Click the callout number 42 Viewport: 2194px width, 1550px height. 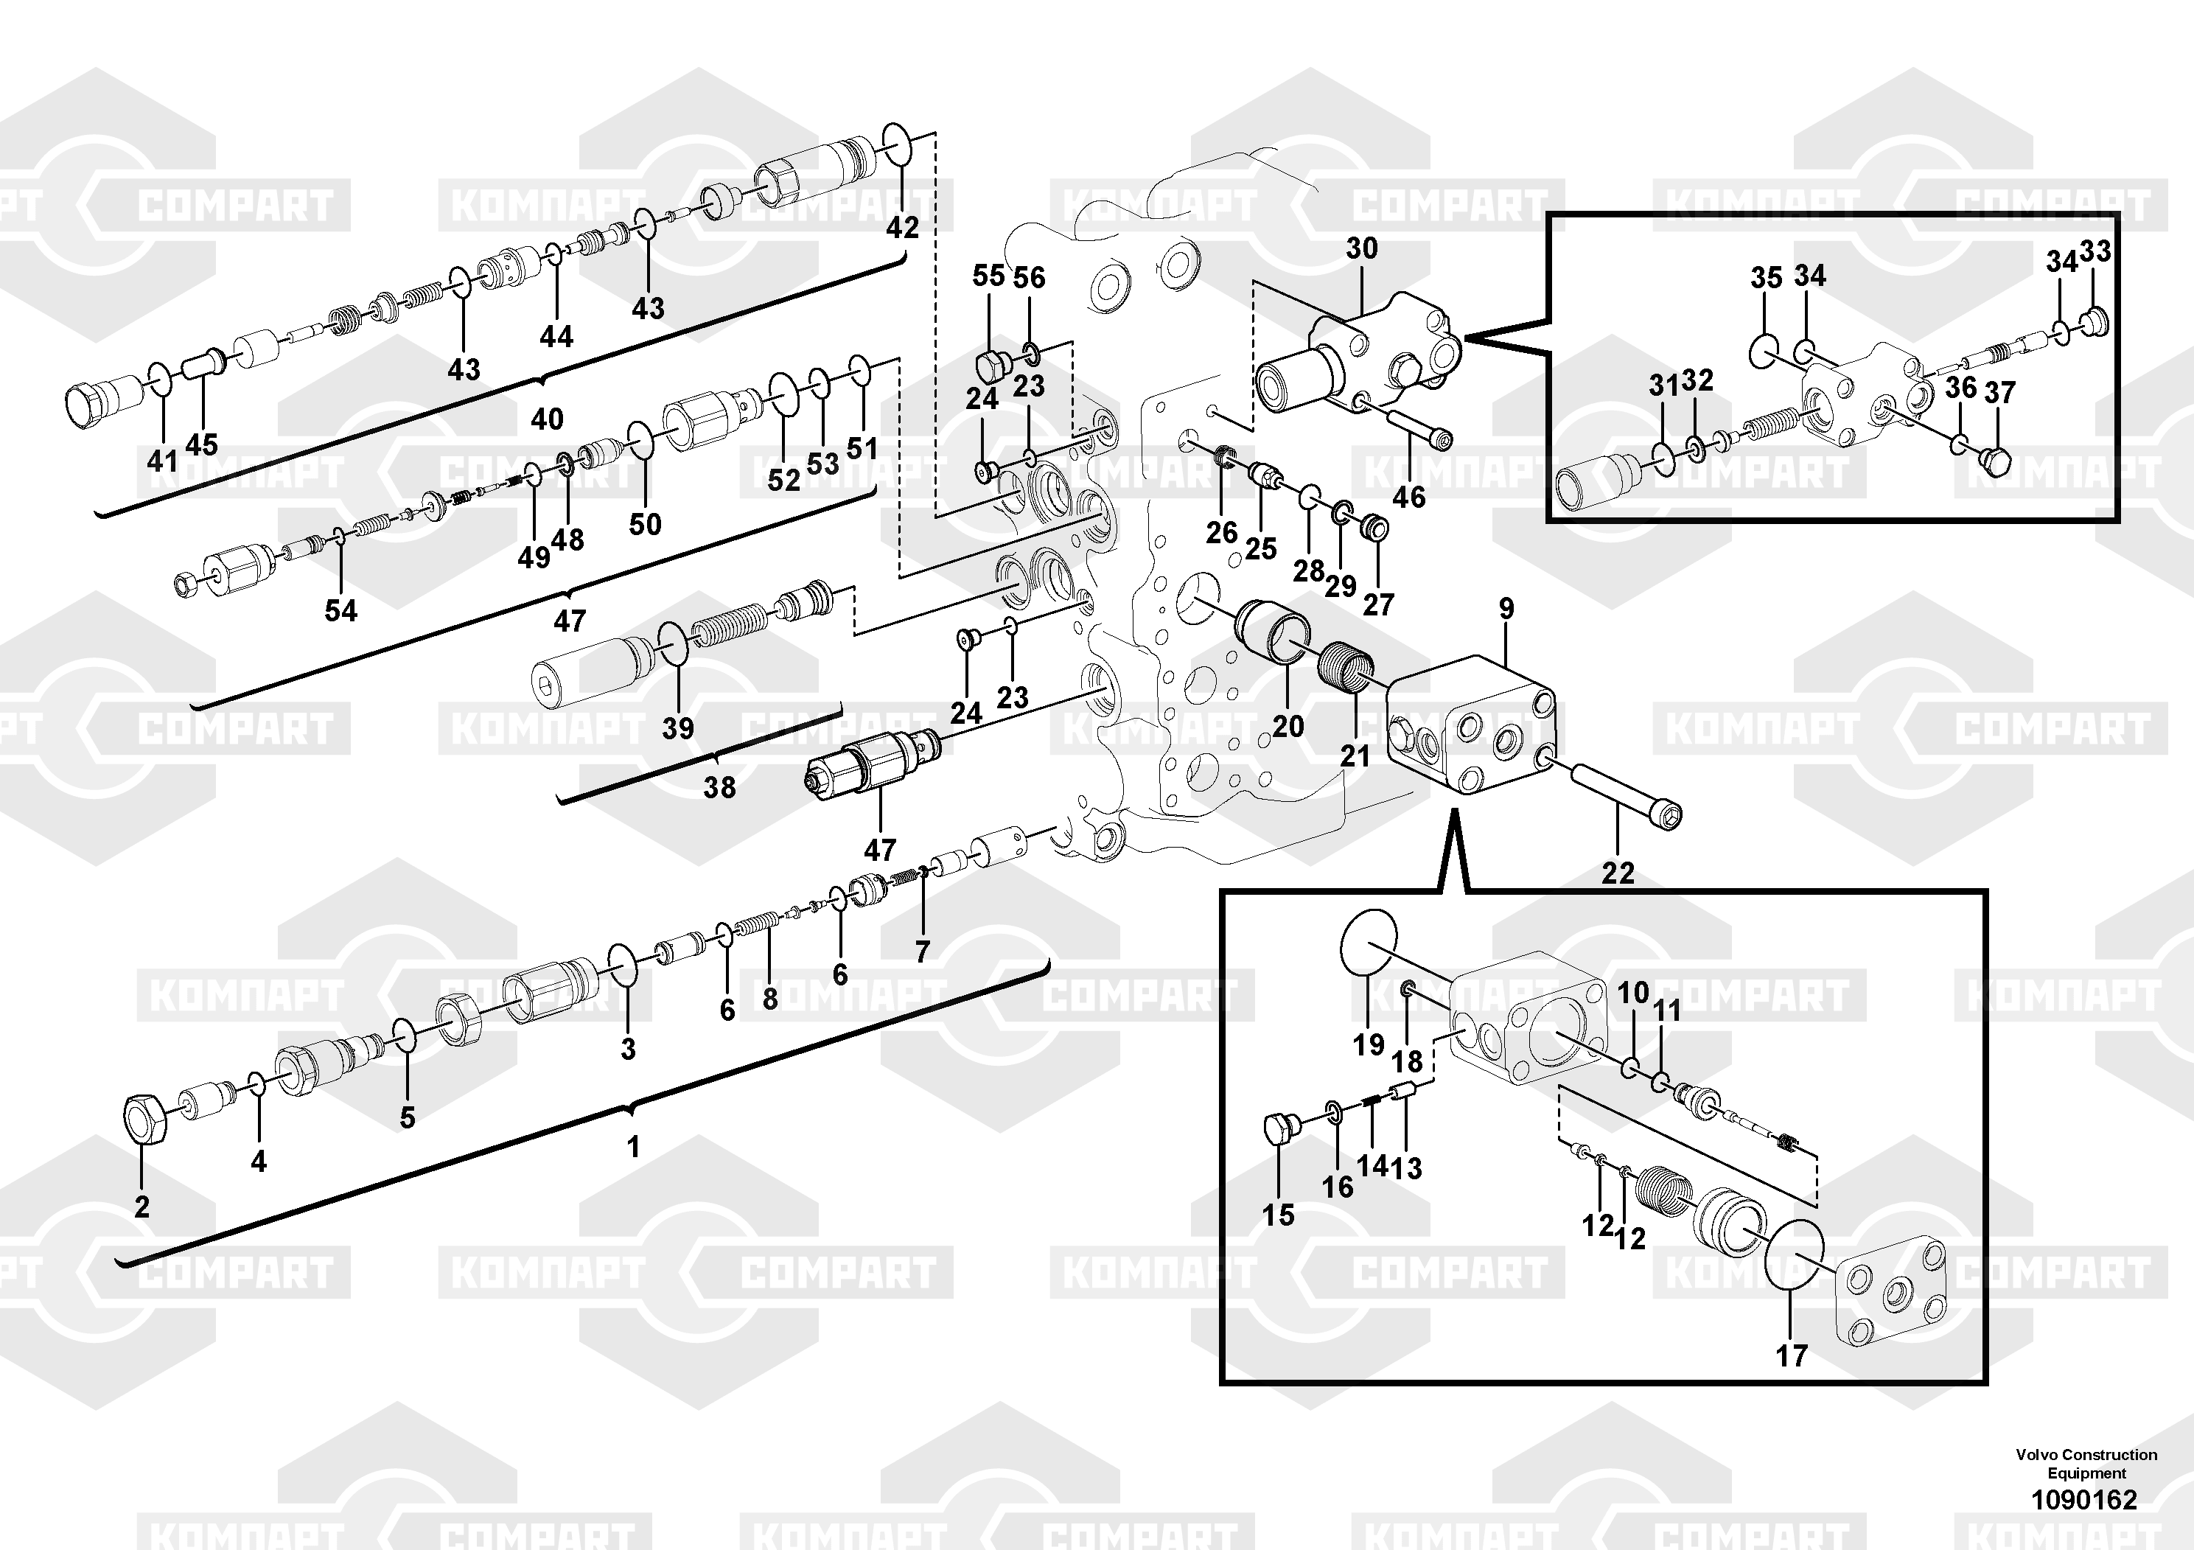[902, 228]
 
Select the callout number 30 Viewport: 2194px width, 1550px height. [1362, 248]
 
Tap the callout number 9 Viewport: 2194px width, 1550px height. [1506, 609]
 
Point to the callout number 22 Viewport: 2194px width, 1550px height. [1618, 873]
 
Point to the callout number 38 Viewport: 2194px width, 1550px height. [719, 787]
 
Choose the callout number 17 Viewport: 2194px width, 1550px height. [1792, 1355]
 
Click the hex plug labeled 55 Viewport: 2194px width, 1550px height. [990, 365]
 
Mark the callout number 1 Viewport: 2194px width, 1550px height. [632, 1147]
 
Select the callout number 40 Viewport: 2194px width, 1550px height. [548, 419]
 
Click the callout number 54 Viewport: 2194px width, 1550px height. [341, 610]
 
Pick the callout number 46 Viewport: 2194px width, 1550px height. [1408, 497]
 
